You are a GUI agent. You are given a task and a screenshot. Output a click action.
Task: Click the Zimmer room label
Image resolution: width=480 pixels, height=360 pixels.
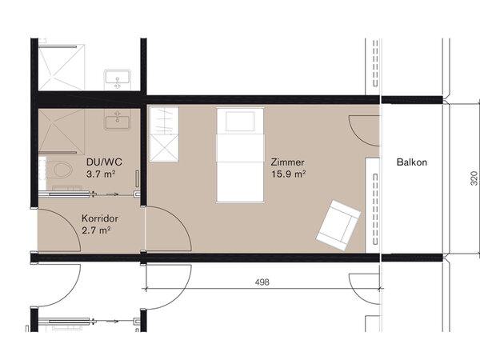(287, 162)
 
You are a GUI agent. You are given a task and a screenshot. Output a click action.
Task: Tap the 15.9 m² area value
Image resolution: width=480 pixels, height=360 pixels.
(288, 174)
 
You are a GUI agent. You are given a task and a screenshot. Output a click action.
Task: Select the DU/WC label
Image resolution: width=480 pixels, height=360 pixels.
(104, 162)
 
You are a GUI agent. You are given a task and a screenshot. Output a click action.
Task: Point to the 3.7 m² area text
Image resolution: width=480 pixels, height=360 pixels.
(101, 174)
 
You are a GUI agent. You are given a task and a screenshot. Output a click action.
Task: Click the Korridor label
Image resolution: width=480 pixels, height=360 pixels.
(100, 218)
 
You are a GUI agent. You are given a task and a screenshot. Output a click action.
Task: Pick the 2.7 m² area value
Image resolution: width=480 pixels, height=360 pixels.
(96, 230)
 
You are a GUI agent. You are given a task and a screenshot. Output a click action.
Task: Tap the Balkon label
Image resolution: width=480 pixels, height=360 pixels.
(412, 162)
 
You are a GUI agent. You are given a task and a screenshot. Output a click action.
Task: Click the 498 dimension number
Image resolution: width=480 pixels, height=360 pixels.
(262, 282)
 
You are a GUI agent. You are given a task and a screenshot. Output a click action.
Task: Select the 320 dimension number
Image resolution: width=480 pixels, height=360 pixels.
(474, 178)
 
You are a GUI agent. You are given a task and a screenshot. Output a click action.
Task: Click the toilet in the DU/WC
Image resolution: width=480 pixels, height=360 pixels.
(61, 170)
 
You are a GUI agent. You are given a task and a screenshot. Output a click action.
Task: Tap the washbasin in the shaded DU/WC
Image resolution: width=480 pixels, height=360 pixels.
(118, 119)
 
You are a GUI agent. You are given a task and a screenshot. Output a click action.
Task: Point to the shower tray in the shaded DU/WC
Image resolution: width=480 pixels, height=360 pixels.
(62, 131)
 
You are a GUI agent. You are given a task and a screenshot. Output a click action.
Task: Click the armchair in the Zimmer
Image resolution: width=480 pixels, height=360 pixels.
(338, 225)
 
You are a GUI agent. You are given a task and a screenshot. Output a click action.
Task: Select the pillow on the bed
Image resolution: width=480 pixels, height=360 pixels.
(240, 122)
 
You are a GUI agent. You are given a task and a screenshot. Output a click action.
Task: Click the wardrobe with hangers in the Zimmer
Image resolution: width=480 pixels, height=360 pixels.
(164, 134)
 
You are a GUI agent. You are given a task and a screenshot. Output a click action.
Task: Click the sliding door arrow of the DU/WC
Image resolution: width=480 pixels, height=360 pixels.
(106, 194)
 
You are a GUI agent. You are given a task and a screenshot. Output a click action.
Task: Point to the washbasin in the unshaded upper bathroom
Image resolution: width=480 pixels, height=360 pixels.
(118, 79)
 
